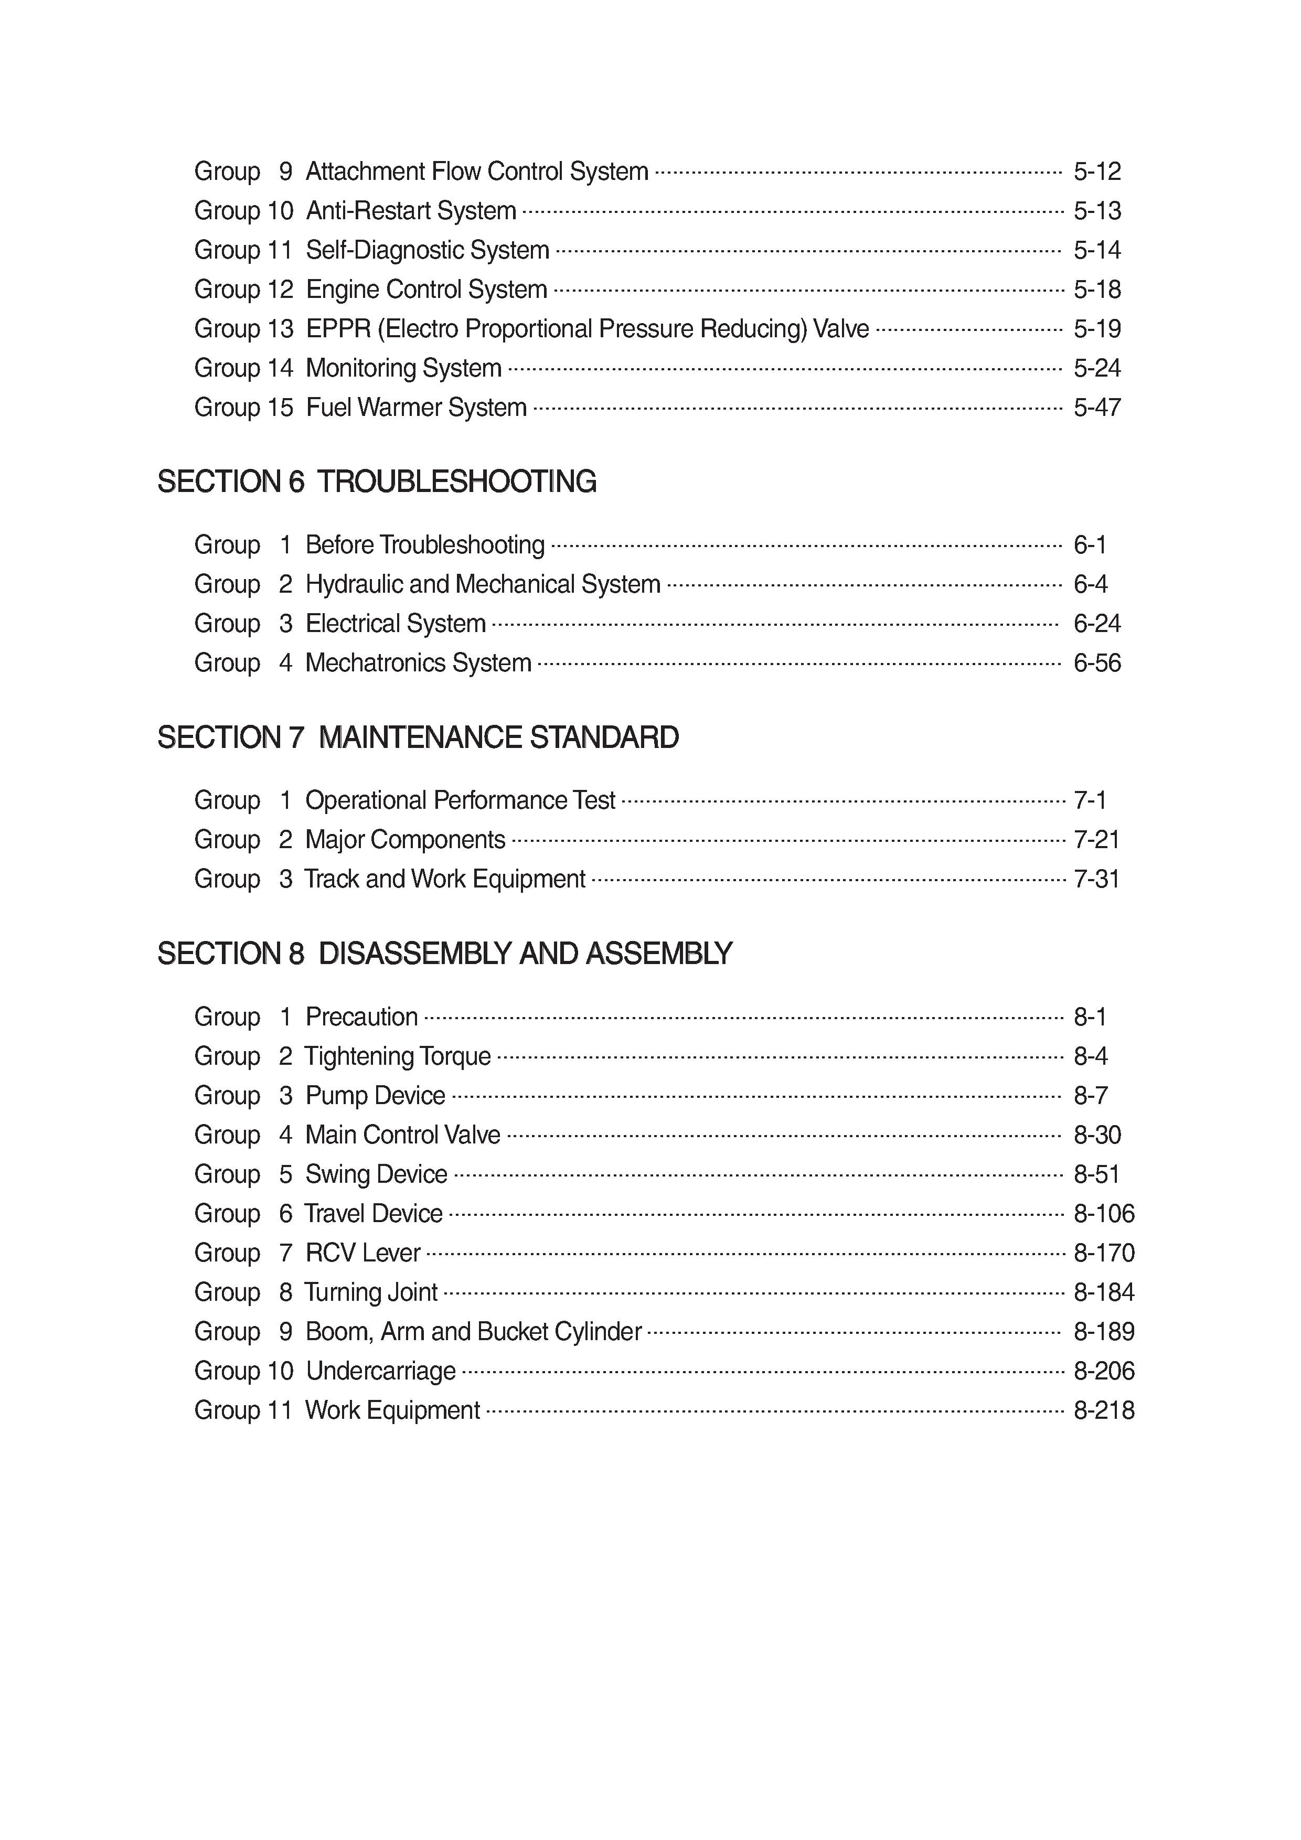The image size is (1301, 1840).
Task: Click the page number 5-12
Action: [x=1096, y=172]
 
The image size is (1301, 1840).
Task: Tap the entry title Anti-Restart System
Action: [x=411, y=211]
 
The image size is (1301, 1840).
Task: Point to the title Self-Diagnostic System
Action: [x=427, y=250]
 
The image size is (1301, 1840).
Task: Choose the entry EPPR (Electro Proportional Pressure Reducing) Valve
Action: [x=588, y=328]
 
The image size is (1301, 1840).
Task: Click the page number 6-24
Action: [x=1096, y=624]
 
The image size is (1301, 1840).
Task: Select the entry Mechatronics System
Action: [x=419, y=663]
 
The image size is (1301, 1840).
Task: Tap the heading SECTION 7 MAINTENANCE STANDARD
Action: [x=418, y=737]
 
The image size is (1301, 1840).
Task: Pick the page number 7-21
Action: [x=1096, y=840]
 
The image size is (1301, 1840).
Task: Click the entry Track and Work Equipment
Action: [x=445, y=879]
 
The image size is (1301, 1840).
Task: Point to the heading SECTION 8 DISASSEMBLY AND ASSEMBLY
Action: [x=444, y=954]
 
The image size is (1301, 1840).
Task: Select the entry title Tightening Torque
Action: [x=398, y=1056]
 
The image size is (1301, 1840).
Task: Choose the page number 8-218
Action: [x=1104, y=1410]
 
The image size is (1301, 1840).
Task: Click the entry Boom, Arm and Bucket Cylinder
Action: [x=474, y=1331]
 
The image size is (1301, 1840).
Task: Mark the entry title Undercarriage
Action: [x=381, y=1371]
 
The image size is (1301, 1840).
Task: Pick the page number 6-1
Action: [x=1090, y=545]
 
